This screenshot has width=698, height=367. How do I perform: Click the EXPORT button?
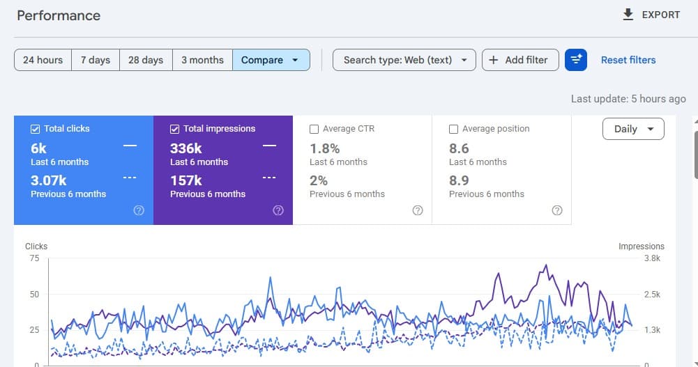(651, 15)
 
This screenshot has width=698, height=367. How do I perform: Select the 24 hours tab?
(43, 60)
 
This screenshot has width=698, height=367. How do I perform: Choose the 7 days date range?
(96, 60)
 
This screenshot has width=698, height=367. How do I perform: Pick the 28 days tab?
(146, 60)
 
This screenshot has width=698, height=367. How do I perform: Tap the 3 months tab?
(202, 60)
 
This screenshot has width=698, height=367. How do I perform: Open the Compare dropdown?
(271, 60)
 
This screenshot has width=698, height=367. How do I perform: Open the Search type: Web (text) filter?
(404, 60)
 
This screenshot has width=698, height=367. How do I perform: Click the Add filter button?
(520, 60)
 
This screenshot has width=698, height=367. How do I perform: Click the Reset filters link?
(628, 60)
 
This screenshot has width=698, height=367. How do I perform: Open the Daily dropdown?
(633, 129)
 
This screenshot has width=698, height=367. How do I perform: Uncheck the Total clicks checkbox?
(35, 129)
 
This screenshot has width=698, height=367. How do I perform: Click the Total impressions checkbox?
(174, 129)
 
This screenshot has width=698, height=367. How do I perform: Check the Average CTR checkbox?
(314, 129)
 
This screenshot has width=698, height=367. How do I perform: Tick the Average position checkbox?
(453, 129)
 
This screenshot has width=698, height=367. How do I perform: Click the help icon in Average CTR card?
(418, 210)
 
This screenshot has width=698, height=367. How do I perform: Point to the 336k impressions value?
(185, 148)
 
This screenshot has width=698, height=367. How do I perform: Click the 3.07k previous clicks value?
(49, 180)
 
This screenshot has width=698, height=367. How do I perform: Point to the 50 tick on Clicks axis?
(34, 294)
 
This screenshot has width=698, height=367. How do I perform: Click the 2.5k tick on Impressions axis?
(652, 294)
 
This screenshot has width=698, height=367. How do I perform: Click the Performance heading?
(59, 15)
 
